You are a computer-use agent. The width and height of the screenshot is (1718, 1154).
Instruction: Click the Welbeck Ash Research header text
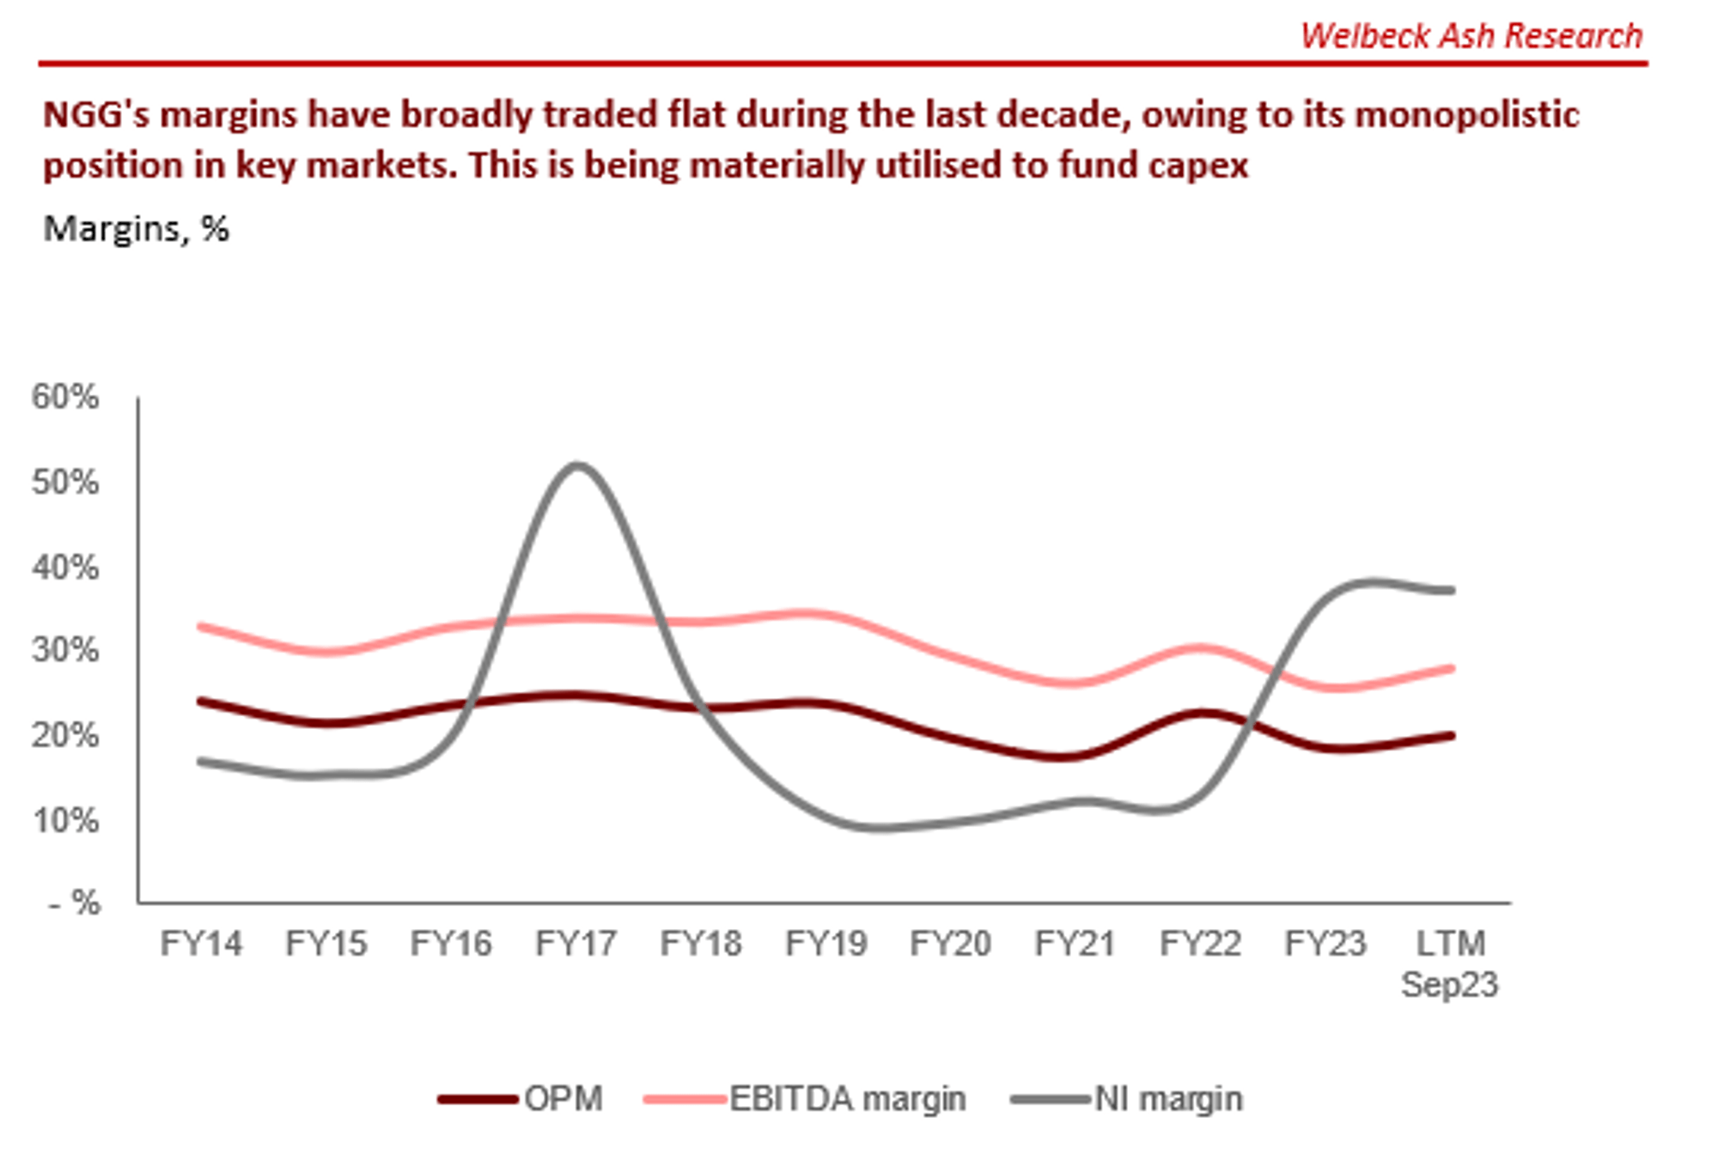pyautogui.click(x=1471, y=36)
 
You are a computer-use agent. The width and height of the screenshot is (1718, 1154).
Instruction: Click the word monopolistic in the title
pyautogui.click(x=1466, y=115)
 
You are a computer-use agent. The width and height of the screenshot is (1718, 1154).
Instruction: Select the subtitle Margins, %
pyautogui.click(x=136, y=229)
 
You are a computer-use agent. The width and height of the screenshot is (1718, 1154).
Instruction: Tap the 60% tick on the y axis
pyautogui.click(x=65, y=397)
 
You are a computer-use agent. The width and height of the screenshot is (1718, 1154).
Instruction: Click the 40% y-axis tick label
pyautogui.click(x=65, y=568)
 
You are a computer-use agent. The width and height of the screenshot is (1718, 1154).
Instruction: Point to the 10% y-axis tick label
pyautogui.click(x=65, y=821)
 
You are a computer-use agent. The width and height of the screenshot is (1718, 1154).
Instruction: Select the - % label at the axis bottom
pyautogui.click(x=76, y=903)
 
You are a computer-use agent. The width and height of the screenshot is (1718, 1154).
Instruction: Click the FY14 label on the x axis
pyautogui.click(x=201, y=944)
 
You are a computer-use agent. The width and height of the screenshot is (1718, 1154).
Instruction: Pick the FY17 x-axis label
pyautogui.click(x=576, y=944)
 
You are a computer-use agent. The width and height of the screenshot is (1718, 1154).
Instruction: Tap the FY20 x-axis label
pyautogui.click(x=950, y=944)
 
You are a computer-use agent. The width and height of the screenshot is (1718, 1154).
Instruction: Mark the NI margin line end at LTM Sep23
pyautogui.click(x=1450, y=591)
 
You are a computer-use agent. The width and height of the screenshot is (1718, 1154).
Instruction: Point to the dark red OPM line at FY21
pyautogui.click(x=1075, y=756)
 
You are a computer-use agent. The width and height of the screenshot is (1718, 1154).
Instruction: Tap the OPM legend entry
pyautogui.click(x=521, y=1099)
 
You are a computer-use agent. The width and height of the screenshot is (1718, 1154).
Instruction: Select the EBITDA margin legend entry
pyautogui.click(x=806, y=1099)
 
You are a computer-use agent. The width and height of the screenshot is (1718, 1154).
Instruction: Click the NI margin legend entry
pyautogui.click(x=1128, y=1099)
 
